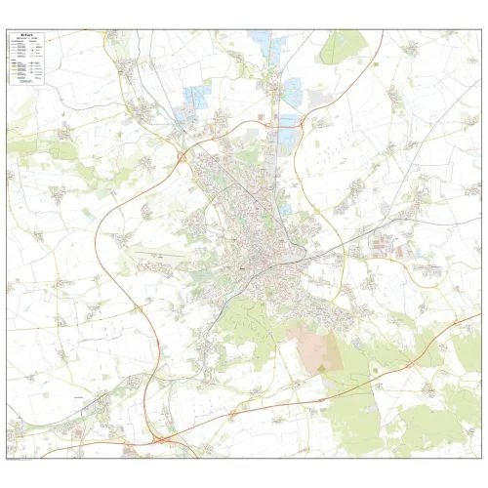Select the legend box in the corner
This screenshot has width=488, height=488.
pos(30,58)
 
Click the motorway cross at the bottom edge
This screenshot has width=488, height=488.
pos(159,442)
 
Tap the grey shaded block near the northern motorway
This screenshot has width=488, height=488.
pos(319,99)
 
